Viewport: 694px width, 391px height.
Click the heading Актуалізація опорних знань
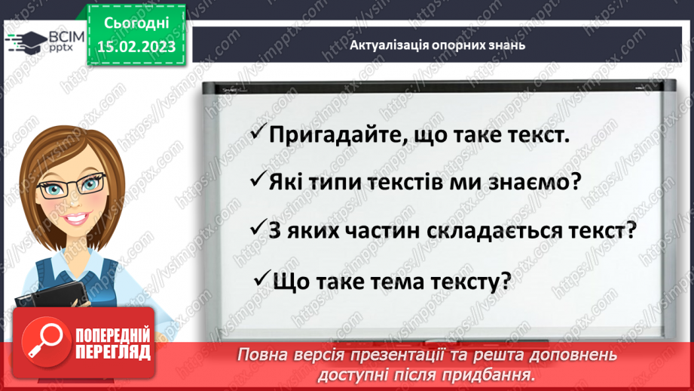437,45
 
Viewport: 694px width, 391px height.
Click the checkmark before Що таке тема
263,279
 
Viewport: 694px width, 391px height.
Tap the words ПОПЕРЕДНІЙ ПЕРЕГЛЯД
112,343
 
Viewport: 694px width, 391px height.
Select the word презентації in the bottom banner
426,355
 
